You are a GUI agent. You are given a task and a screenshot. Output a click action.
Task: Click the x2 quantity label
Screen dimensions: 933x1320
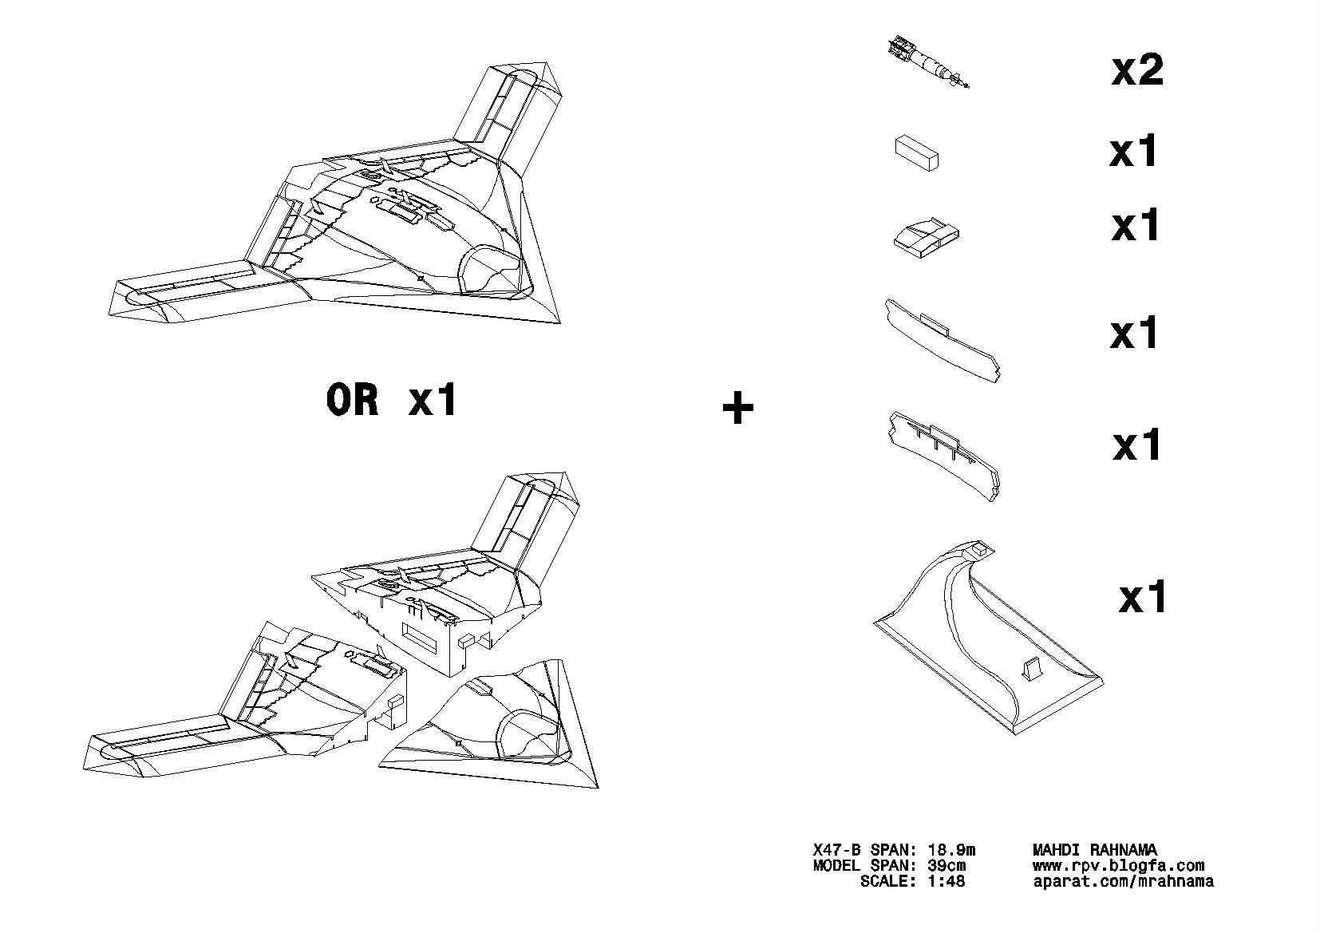point(1137,70)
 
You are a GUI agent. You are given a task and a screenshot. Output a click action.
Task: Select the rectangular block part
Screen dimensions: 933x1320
point(916,152)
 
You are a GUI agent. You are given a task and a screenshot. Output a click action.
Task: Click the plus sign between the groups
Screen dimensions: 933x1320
point(737,409)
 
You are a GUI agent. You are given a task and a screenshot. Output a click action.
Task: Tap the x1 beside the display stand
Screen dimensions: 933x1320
point(1142,597)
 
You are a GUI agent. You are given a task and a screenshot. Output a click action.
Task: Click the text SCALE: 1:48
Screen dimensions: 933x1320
point(912,882)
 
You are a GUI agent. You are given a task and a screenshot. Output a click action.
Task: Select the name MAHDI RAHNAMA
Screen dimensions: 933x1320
point(1094,851)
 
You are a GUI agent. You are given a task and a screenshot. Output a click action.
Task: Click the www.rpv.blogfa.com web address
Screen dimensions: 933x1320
point(1117,866)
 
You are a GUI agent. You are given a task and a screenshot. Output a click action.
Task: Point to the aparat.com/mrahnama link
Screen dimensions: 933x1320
point(1122,882)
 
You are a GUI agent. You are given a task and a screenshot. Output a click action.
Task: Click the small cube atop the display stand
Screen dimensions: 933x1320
point(978,549)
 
